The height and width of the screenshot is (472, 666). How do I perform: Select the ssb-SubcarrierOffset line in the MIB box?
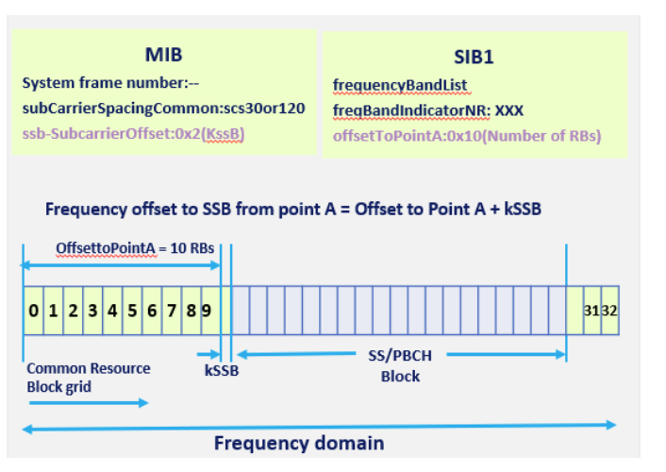(x=134, y=134)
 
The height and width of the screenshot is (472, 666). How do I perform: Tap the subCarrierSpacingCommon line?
(x=163, y=109)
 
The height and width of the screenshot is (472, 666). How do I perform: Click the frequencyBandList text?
(x=400, y=86)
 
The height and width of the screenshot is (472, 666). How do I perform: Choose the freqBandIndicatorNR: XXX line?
(x=427, y=110)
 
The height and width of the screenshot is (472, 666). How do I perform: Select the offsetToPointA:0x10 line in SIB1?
(x=467, y=136)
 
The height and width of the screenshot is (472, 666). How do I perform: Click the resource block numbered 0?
(x=33, y=311)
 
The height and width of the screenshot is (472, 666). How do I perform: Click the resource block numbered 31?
(x=591, y=311)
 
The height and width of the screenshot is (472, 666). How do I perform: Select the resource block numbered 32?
(x=609, y=311)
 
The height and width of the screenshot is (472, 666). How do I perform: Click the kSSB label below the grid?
(x=222, y=371)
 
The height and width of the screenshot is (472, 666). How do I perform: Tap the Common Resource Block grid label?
(x=88, y=377)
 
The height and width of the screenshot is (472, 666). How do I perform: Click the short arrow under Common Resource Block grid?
(x=88, y=403)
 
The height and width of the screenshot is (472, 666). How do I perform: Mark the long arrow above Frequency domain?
(x=319, y=427)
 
